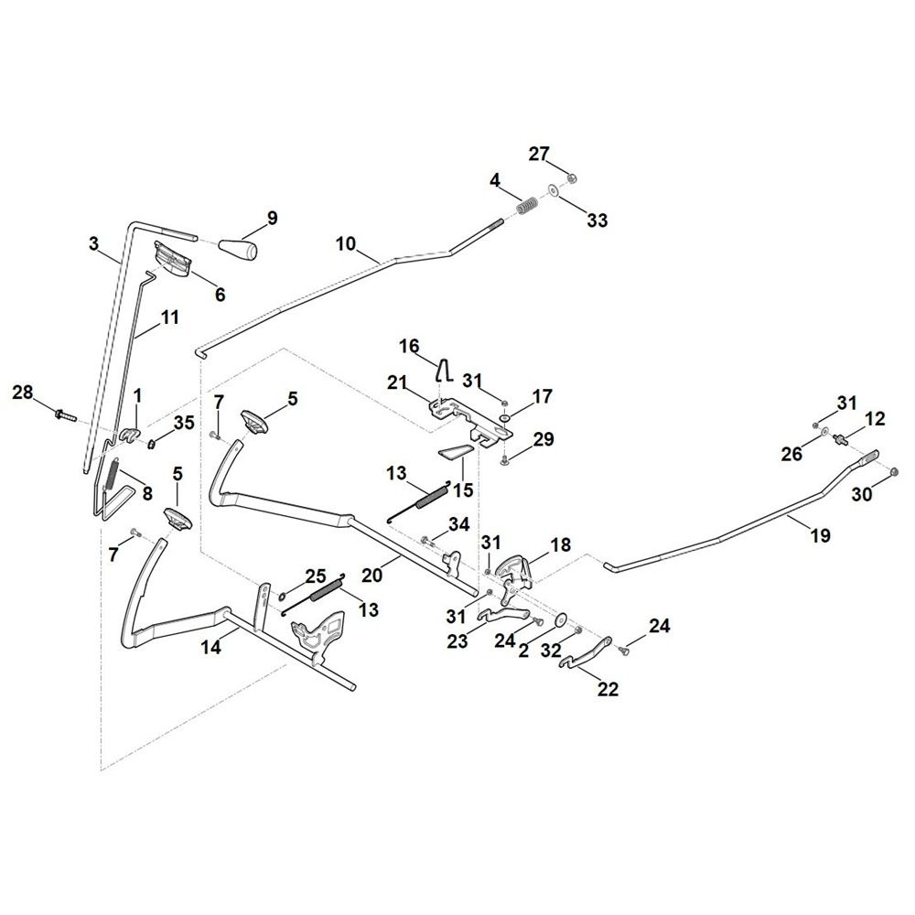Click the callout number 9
click(x=272, y=218)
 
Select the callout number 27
click(x=539, y=154)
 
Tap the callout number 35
click(x=184, y=423)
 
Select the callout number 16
click(x=409, y=346)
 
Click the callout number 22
click(x=608, y=689)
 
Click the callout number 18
click(x=560, y=544)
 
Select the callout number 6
click(x=220, y=295)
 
